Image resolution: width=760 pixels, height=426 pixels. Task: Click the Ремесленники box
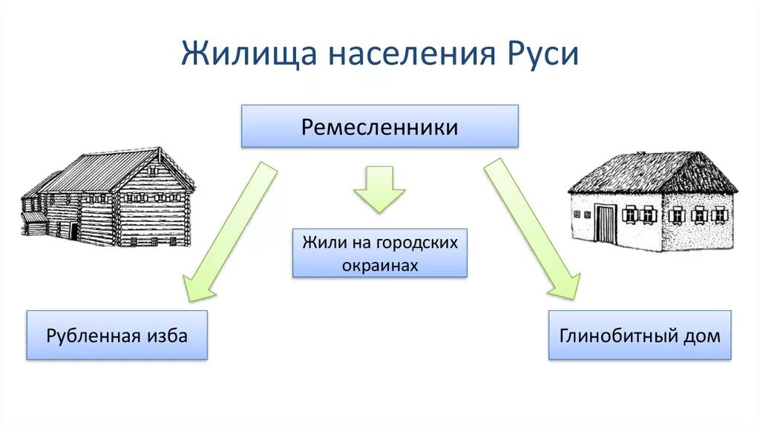click(x=379, y=126)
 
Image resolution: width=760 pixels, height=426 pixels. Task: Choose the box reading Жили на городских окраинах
click(x=379, y=253)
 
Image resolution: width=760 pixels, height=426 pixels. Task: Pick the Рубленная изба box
click(x=117, y=335)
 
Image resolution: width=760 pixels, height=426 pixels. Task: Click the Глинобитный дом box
click(x=639, y=335)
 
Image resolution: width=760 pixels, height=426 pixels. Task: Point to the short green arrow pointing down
click(x=379, y=190)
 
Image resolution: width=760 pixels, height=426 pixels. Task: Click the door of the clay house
click(x=606, y=223)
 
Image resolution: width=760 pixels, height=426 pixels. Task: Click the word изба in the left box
click(x=167, y=335)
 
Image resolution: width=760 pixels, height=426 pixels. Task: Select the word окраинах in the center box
click(x=380, y=265)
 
